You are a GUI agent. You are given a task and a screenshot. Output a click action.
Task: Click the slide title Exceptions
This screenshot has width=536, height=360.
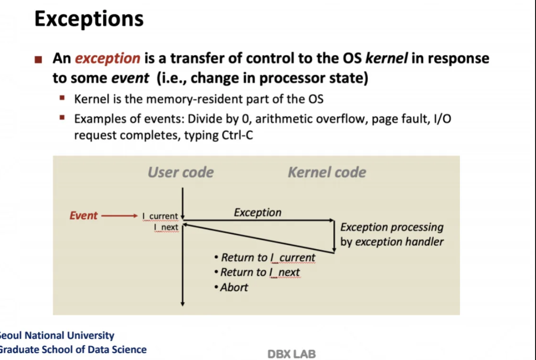89,19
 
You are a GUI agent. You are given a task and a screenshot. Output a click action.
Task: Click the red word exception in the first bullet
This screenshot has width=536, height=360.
107,59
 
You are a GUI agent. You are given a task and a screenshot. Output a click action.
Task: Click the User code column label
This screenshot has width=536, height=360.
181,172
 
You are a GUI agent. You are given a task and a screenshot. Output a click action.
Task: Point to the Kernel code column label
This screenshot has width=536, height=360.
327,172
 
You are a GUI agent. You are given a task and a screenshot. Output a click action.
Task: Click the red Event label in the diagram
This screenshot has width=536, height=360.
83,216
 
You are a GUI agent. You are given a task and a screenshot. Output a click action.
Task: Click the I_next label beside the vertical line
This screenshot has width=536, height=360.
166,228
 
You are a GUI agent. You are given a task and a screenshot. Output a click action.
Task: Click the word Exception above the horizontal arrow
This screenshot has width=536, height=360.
258,212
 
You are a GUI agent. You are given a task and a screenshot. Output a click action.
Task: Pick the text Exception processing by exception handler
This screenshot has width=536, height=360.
392,235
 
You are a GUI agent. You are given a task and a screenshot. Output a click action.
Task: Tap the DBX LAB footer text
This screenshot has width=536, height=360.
291,354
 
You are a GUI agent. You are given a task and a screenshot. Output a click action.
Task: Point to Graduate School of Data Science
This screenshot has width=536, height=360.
73,350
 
